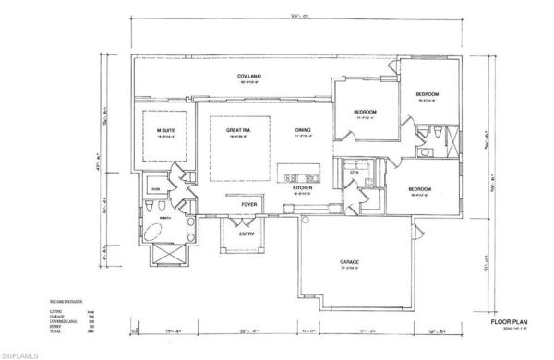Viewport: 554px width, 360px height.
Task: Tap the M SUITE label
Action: (x=166, y=131)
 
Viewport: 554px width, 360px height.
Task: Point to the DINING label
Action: (x=303, y=131)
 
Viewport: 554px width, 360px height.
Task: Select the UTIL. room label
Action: (x=355, y=173)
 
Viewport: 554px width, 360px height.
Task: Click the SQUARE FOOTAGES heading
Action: (x=59, y=301)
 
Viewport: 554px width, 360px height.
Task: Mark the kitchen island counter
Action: (x=299, y=177)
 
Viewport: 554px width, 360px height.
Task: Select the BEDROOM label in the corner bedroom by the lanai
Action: (x=426, y=94)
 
